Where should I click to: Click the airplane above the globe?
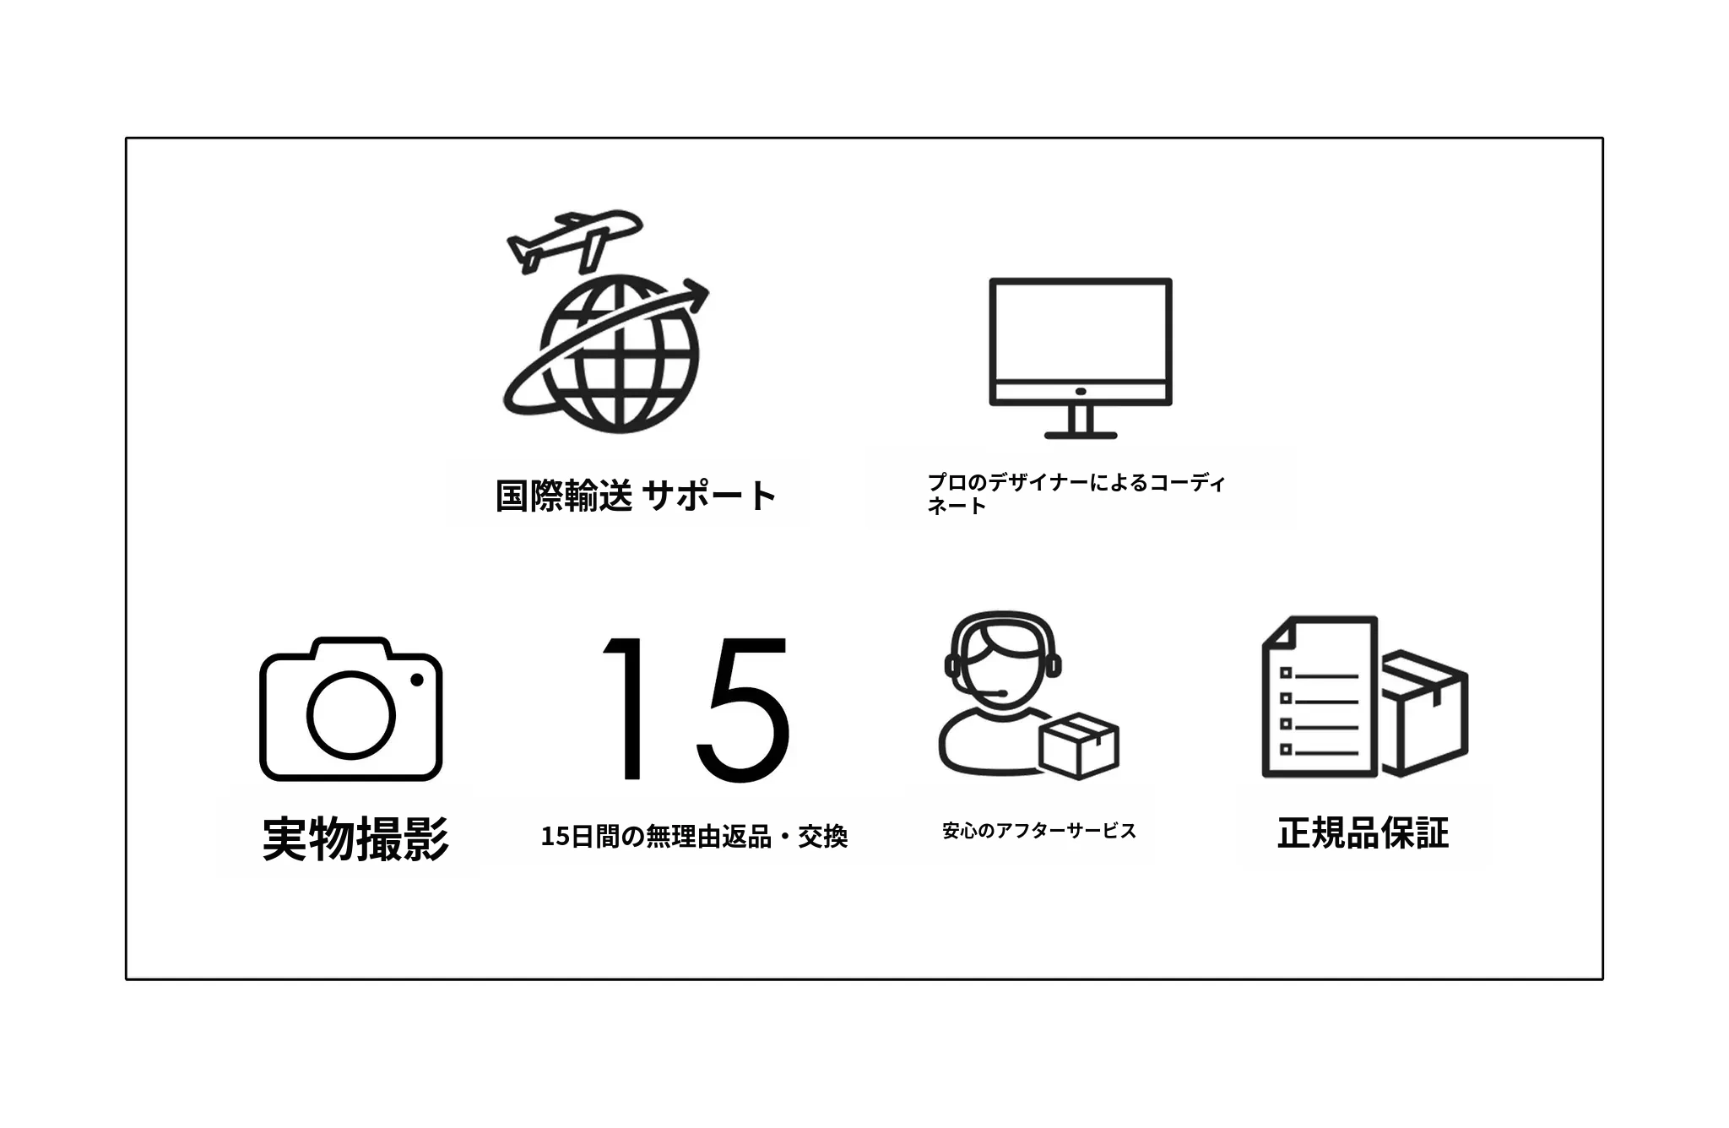[574, 241]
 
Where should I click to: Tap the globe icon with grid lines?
[621, 355]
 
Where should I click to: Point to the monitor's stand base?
[1081, 435]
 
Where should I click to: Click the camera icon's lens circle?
[350, 714]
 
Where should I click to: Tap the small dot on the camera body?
[416, 680]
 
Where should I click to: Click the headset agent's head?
[1002, 663]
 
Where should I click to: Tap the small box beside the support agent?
[1079, 745]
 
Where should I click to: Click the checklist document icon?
[1320, 697]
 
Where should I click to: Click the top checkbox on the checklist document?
[1286, 673]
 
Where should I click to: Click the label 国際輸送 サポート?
[635, 496]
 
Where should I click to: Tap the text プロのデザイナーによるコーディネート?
[1076, 494]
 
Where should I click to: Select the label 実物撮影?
[355, 838]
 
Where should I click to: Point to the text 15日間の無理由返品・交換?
[694, 837]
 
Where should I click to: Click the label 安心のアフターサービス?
[1039, 831]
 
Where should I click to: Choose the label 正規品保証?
[1363, 832]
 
